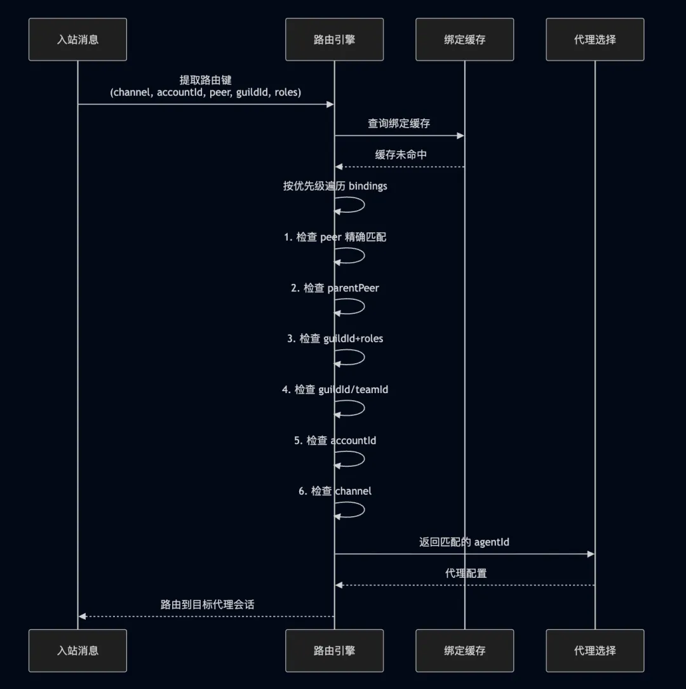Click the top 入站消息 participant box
click(x=77, y=39)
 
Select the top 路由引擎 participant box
click(x=334, y=39)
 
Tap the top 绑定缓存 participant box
click(x=464, y=39)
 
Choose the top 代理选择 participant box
click(x=595, y=39)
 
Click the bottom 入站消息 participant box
click(x=77, y=650)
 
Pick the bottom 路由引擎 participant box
click(x=334, y=650)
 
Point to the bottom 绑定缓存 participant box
click(x=464, y=650)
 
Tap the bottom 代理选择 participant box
click(x=595, y=650)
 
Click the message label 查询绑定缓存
click(x=399, y=123)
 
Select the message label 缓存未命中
click(x=400, y=154)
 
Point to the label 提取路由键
click(x=205, y=81)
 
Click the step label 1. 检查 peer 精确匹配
click(x=335, y=237)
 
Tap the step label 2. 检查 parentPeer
click(x=335, y=288)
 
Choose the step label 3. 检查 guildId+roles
click(x=335, y=338)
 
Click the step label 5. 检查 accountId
click(x=335, y=440)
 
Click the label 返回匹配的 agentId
click(x=464, y=542)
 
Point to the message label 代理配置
click(x=466, y=573)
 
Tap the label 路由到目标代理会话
click(x=207, y=604)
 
